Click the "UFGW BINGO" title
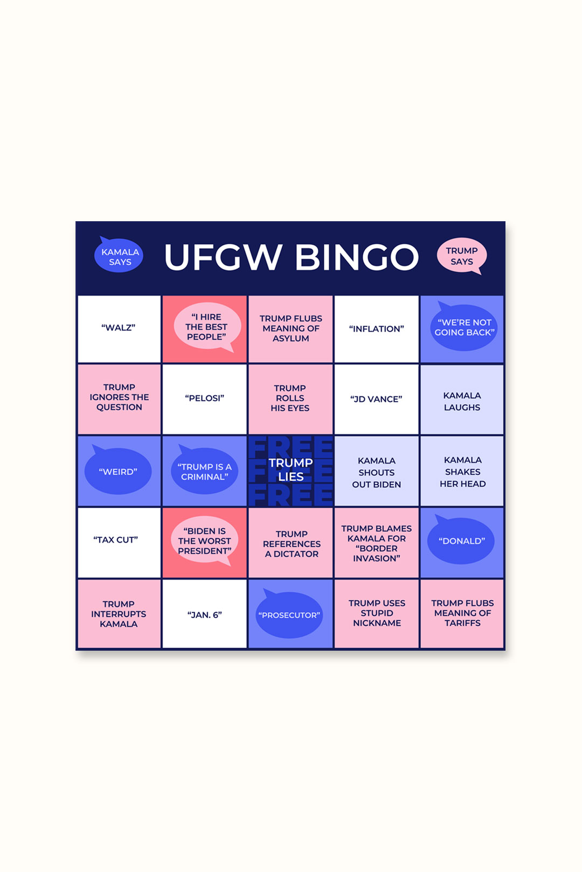click(x=291, y=257)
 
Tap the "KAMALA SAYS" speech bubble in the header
click(x=119, y=256)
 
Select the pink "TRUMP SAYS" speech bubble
click(x=462, y=256)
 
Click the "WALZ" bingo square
click(x=119, y=328)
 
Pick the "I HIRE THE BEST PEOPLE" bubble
click(x=206, y=327)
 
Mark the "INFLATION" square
click(x=376, y=329)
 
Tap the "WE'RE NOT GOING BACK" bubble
click(x=463, y=327)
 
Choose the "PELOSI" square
click(x=204, y=398)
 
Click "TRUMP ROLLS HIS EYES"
click(x=290, y=398)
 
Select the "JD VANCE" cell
click(x=376, y=399)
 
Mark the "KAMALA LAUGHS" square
click(x=462, y=401)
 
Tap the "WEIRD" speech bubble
click(x=118, y=472)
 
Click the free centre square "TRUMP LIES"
click(x=290, y=470)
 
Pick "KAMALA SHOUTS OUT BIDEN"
click(x=376, y=472)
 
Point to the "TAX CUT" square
click(x=116, y=540)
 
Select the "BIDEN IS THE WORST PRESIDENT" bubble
click(x=204, y=541)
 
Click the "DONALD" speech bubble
click(x=461, y=541)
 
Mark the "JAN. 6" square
click(x=204, y=615)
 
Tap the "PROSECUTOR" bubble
click(x=289, y=615)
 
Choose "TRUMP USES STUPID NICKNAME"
click(x=377, y=613)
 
